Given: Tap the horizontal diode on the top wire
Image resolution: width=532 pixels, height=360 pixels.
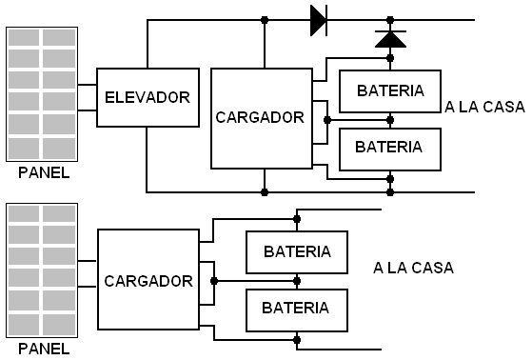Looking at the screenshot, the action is [x=319, y=20].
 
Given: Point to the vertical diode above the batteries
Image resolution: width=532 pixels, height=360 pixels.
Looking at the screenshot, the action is [x=390, y=39].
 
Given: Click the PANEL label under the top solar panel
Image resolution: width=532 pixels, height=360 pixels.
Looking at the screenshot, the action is [x=44, y=173].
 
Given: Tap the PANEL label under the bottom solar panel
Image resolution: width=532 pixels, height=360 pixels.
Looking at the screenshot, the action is [x=44, y=349].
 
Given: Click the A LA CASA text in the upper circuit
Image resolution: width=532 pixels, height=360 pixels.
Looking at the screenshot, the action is [x=484, y=107].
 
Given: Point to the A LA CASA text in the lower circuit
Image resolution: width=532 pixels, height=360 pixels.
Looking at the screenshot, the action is [x=414, y=268].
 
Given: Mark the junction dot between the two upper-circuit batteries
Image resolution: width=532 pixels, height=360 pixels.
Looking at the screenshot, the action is [x=390, y=120].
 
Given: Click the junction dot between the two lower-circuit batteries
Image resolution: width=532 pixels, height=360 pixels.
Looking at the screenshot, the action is [x=297, y=281].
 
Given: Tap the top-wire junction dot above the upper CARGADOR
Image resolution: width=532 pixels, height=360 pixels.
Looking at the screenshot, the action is [x=265, y=20].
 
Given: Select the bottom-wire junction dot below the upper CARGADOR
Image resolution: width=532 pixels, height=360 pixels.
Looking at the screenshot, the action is [x=265, y=192].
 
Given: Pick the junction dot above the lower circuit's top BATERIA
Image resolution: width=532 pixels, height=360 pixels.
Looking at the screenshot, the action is [x=297, y=219].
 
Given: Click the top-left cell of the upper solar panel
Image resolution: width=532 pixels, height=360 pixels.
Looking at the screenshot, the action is [x=24, y=37].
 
